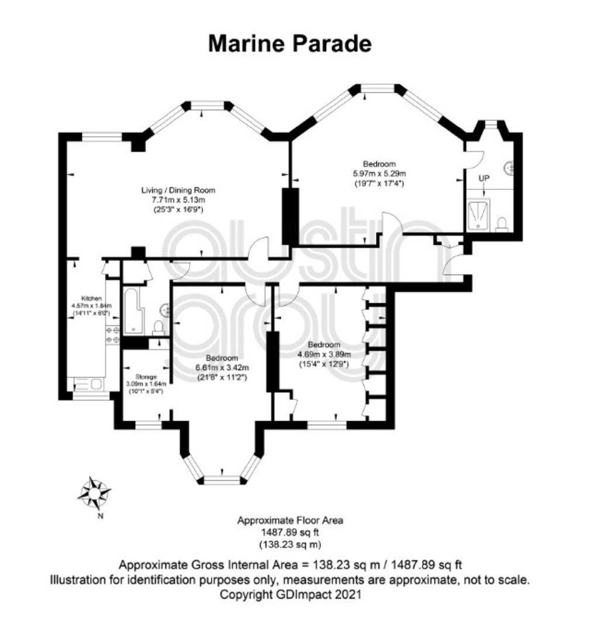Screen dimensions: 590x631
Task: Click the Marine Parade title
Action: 289,43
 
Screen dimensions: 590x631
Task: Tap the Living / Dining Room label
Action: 178,190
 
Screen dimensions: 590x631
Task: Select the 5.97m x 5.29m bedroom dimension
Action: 379,174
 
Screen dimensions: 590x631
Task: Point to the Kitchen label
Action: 91,298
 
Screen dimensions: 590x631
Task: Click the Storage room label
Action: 146,377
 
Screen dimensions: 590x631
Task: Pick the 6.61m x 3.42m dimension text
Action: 222,367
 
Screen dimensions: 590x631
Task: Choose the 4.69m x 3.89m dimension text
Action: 324,355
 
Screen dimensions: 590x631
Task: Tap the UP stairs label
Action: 484,178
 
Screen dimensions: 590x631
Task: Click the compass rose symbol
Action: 94,493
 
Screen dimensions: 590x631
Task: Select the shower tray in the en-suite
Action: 479,215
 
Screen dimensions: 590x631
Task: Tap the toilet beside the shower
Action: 502,224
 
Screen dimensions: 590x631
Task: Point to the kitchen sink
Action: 89,384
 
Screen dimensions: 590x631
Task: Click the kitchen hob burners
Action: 113,335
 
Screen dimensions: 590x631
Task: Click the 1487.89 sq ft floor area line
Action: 290,532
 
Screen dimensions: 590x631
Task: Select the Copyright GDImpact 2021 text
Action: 291,594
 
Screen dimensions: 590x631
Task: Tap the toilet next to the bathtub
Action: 159,328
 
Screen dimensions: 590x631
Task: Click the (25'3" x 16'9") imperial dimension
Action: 178,210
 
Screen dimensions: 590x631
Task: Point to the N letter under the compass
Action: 101,516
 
